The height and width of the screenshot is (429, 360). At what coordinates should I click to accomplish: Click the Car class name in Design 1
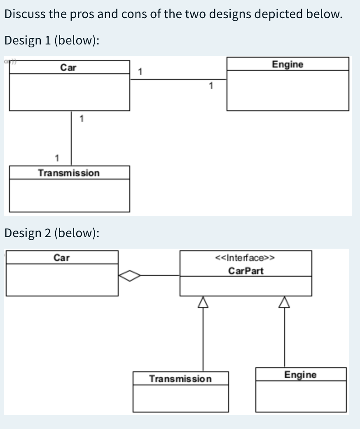tap(68, 68)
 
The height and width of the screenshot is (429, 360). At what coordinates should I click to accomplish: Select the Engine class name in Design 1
tap(288, 64)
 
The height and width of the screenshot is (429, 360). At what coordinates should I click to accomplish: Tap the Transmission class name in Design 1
tap(69, 173)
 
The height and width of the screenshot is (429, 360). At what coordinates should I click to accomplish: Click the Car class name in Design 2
tap(62, 258)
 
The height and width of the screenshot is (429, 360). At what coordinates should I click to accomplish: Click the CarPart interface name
tap(245, 271)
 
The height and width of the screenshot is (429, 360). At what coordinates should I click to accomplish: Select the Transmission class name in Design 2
tap(180, 378)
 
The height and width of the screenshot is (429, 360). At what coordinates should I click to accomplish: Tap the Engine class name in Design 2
tap(301, 375)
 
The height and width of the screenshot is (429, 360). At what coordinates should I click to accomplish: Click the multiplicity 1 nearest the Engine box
tap(211, 86)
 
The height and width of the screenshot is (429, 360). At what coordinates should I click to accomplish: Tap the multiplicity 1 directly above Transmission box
tap(57, 158)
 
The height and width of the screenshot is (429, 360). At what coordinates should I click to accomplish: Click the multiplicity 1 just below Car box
tap(82, 119)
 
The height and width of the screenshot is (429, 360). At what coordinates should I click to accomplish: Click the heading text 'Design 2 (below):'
tap(52, 233)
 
